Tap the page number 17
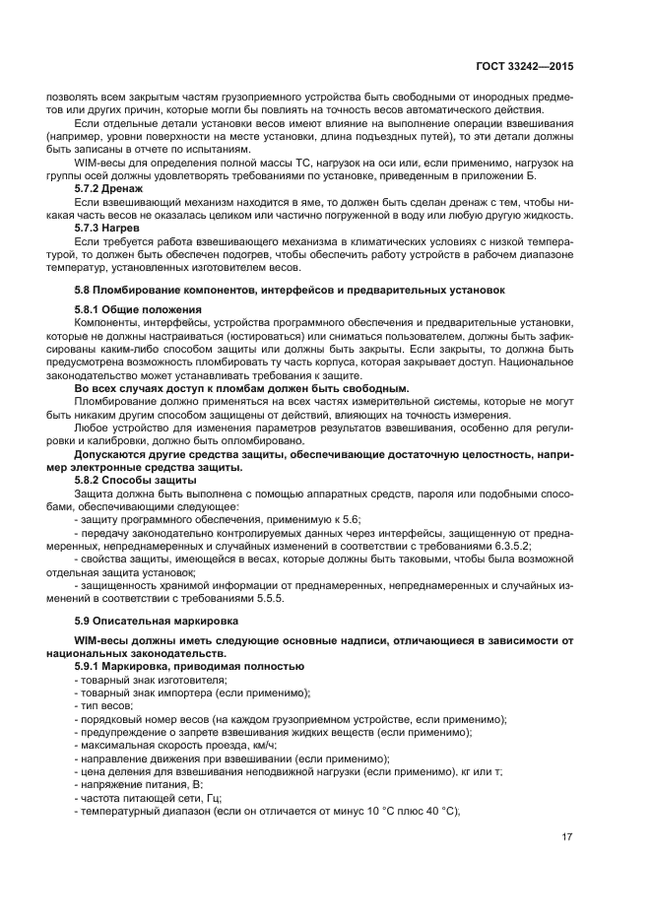pos(567,837)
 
